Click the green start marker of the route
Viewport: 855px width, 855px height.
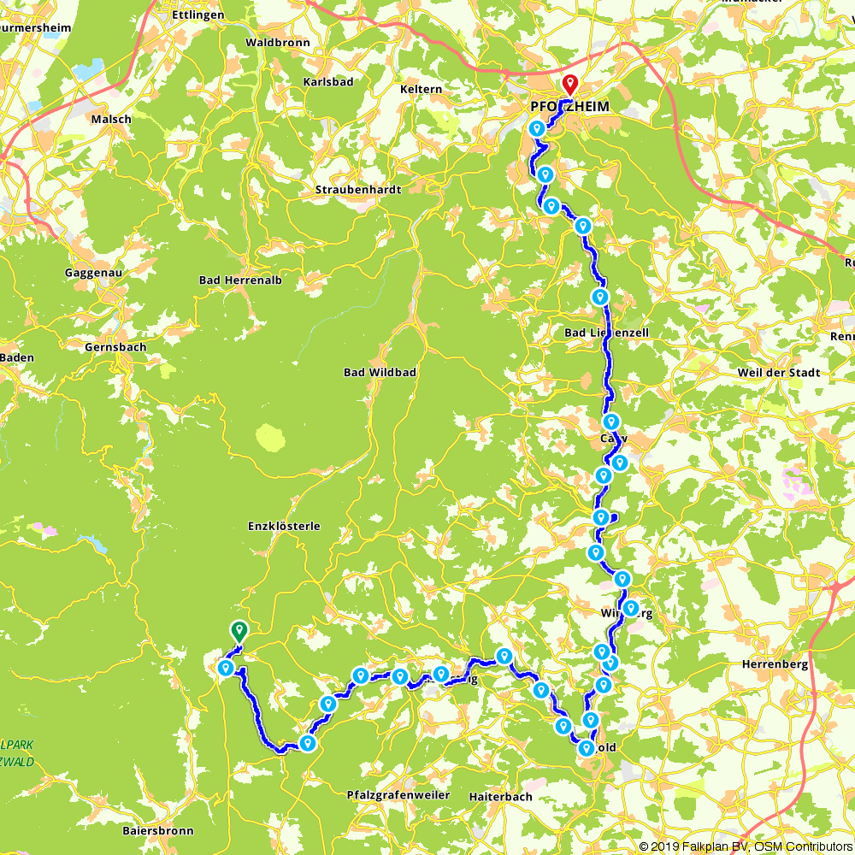point(239,631)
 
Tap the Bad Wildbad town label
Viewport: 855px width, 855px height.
point(379,373)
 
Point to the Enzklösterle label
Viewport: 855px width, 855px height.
point(285,527)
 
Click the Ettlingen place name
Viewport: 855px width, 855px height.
point(198,15)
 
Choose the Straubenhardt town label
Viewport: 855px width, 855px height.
point(358,190)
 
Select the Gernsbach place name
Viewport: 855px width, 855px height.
point(115,348)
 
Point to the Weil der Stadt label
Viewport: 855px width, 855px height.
point(779,373)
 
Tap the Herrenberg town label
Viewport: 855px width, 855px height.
point(769,664)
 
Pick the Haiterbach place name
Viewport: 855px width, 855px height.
point(500,796)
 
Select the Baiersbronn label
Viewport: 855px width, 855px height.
point(157,830)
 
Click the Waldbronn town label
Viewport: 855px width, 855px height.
point(278,42)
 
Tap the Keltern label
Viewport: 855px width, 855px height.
point(422,89)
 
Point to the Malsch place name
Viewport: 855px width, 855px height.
point(111,120)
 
